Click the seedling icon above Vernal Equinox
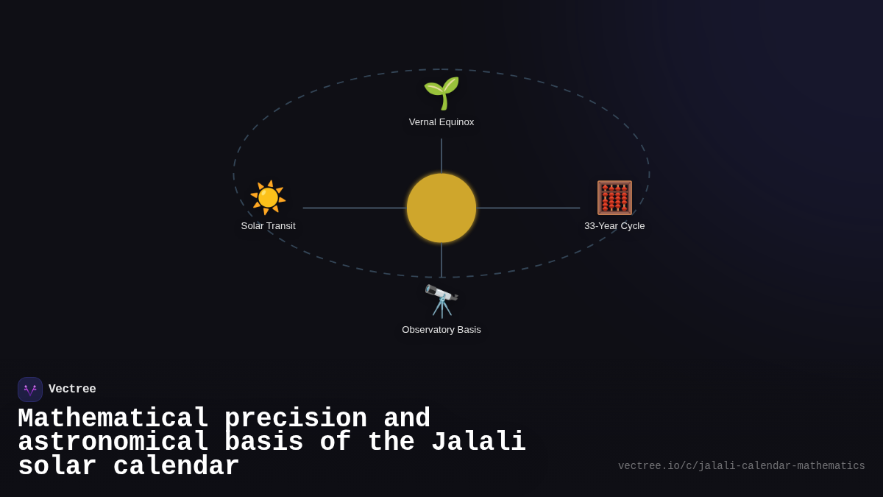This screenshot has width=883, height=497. pyautogui.click(x=441, y=93)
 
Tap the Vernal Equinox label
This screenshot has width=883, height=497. pyautogui.click(x=441, y=122)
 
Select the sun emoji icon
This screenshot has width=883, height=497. pyautogui.click(x=268, y=197)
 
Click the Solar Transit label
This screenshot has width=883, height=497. pyautogui.click(x=268, y=226)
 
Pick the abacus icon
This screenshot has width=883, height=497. pyautogui.click(x=614, y=197)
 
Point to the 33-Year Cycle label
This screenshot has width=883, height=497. pyautogui.click(x=614, y=226)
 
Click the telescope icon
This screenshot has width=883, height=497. pyautogui.click(x=441, y=300)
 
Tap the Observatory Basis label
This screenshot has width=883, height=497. pyautogui.click(x=441, y=330)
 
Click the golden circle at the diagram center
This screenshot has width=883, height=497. pyautogui.click(x=441, y=208)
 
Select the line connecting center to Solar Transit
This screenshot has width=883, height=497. pyautogui.click(x=353, y=208)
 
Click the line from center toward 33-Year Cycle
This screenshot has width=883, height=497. pyautogui.click(x=528, y=208)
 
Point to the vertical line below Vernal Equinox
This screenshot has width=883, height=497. pyautogui.click(x=441, y=155)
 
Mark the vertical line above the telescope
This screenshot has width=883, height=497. pyautogui.click(x=441, y=260)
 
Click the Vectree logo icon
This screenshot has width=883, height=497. pyautogui.click(x=30, y=390)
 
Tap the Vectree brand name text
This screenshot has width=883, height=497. pyautogui.click(x=72, y=390)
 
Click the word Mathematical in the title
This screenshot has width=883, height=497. pyautogui.click(x=113, y=419)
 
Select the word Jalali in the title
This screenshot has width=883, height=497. pyautogui.click(x=478, y=443)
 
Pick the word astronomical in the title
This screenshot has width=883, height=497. pyautogui.click(x=113, y=443)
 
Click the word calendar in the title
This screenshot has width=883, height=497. pyautogui.click(x=176, y=467)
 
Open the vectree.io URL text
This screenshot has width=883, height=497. pyautogui.click(x=741, y=466)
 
